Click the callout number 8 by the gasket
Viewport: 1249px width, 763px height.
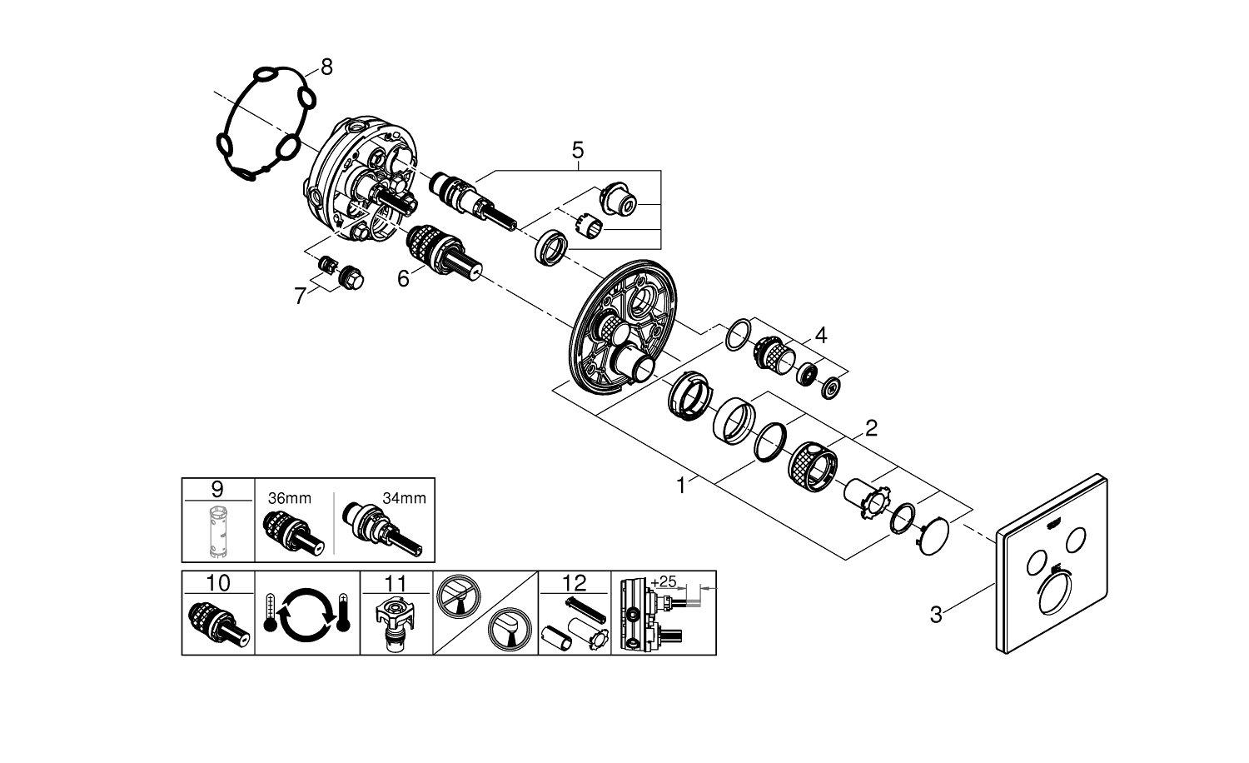[x=326, y=67]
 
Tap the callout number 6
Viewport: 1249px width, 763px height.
[x=403, y=278]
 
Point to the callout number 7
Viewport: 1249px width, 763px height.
[x=301, y=296]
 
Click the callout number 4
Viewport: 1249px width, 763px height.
[x=821, y=336]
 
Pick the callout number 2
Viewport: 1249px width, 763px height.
[x=871, y=429]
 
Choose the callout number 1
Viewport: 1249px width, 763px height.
[x=683, y=485]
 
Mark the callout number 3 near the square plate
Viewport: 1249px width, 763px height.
[x=936, y=615]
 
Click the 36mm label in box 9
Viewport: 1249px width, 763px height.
[x=290, y=498]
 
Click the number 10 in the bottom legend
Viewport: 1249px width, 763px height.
[x=217, y=581]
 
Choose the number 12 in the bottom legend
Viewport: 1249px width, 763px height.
[x=575, y=581]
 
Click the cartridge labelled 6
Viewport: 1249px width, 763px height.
[x=439, y=252]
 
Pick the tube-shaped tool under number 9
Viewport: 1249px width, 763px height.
[x=217, y=531]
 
